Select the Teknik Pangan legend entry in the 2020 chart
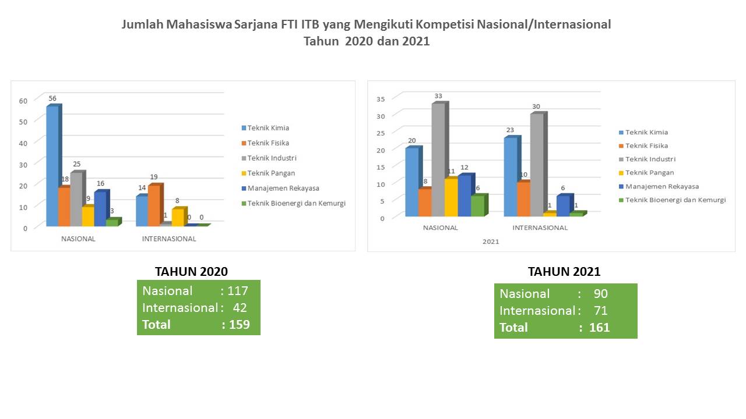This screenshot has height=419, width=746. click(269, 173)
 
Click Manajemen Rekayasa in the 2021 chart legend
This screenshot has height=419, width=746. click(659, 187)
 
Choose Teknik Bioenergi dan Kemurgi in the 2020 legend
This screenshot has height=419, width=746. click(294, 203)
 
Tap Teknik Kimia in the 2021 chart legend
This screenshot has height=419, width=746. click(643, 132)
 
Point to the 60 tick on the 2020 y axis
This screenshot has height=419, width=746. click(23, 101)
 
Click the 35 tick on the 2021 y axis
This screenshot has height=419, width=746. click(381, 99)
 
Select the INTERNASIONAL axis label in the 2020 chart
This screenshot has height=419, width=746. click(169, 239)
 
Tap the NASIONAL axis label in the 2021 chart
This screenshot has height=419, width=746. click(440, 228)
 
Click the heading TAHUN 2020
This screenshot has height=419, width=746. click(191, 272)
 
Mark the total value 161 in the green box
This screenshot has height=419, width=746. click(600, 328)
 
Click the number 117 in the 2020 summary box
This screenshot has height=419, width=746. click(238, 291)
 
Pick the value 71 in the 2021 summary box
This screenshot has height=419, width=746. click(601, 311)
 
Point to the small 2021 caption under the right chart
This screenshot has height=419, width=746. click(491, 242)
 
